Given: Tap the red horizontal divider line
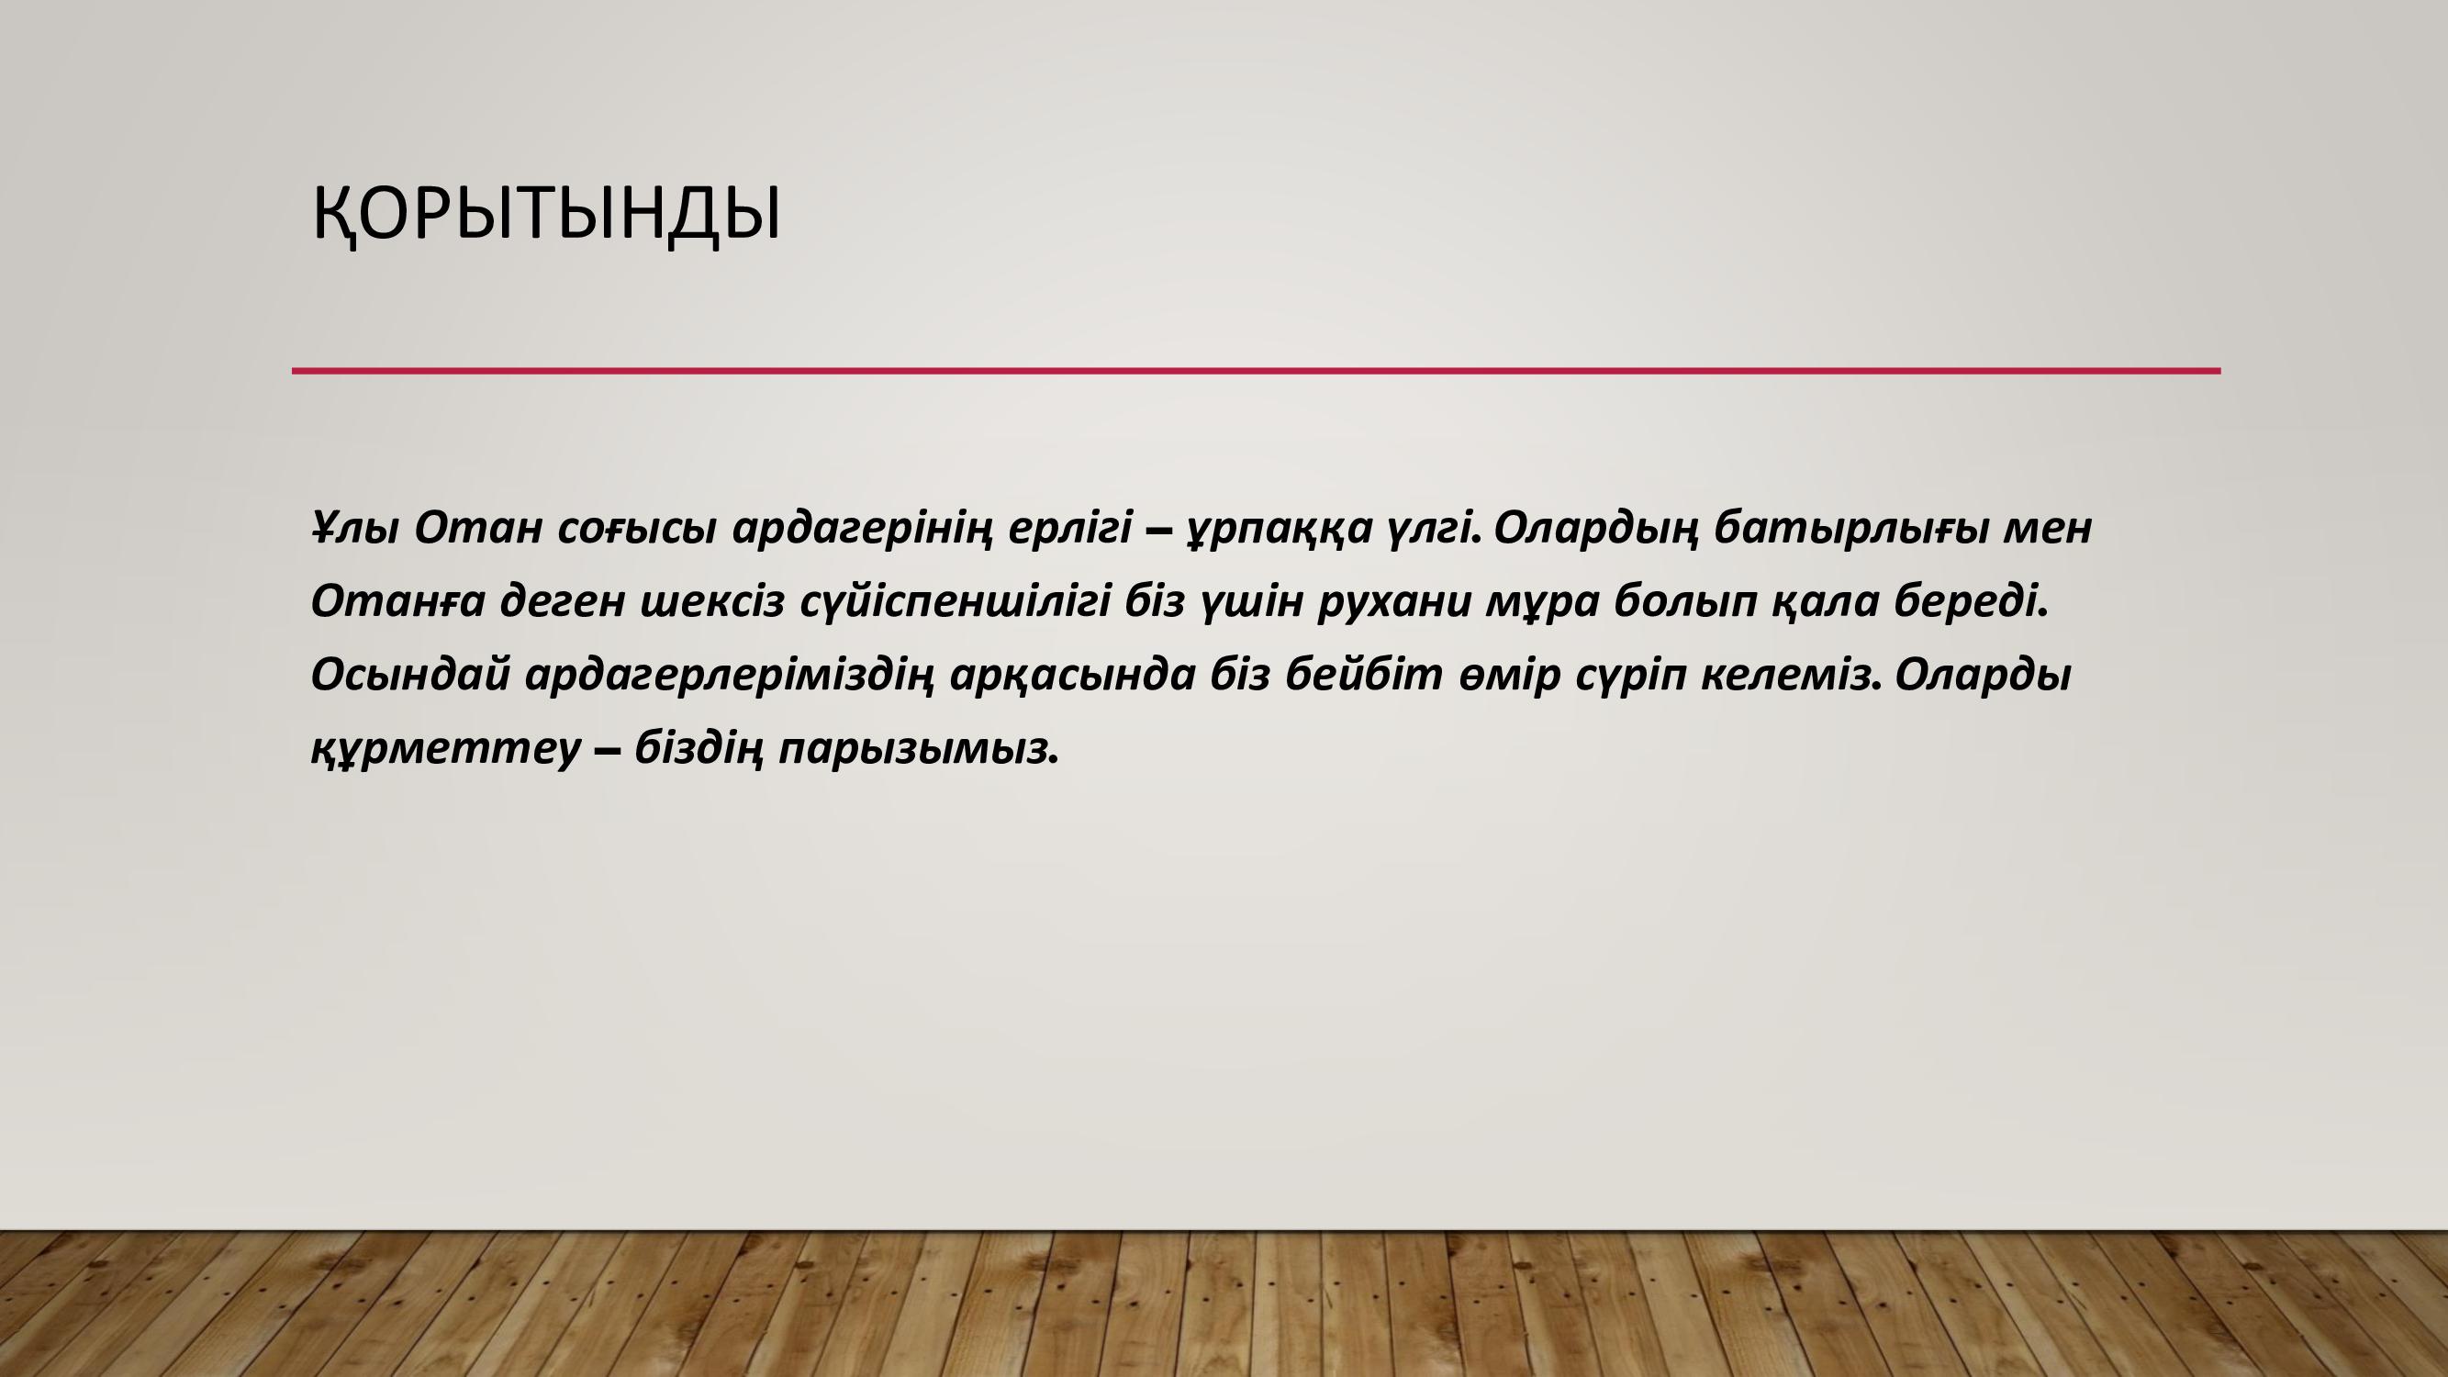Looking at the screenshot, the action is (1257, 371).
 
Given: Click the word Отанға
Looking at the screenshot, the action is (398, 601).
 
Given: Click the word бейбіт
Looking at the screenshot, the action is (1364, 674).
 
